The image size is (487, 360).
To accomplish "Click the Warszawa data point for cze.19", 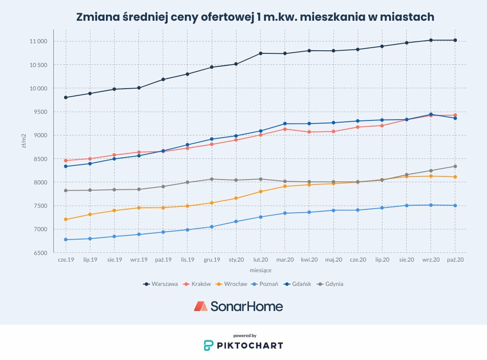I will coord(66,97).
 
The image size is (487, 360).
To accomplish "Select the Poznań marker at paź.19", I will coord(163,232).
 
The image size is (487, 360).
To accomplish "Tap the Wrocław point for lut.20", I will coord(261,191).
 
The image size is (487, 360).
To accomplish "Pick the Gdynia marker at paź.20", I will coord(455,166).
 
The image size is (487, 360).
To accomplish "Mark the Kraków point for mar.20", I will coord(285,129).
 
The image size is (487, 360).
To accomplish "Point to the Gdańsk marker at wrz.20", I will coord(431,114).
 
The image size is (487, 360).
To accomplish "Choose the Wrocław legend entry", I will coord(232,284).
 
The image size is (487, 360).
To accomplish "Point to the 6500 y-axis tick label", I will coord(41,253).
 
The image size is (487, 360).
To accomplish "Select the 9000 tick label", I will coord(41,135).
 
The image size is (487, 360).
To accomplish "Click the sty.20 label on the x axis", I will coord(236,260).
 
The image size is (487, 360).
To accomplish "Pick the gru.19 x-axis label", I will coord(212,260).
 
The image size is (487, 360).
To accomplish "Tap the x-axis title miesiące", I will coord(260,270).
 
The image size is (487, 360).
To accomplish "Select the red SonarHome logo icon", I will coord(201,306).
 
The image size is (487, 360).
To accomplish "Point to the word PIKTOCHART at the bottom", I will coord(250,345).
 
